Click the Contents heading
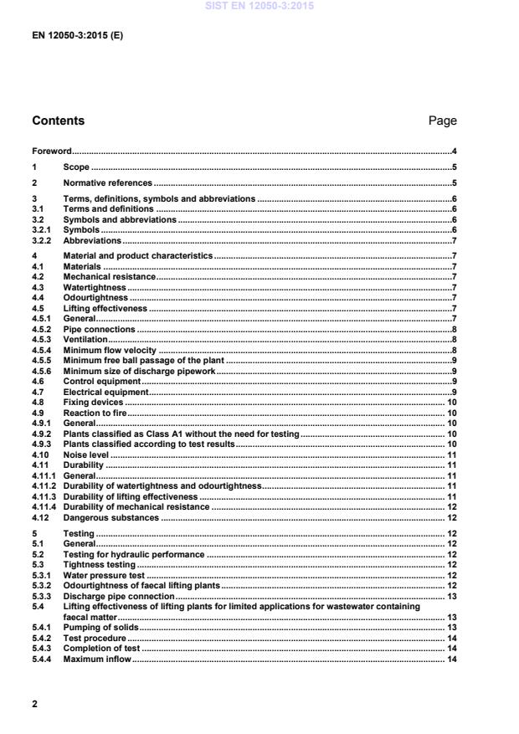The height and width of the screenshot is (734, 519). (x=58, y=121)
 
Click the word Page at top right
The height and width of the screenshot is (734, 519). (x=442, y=121)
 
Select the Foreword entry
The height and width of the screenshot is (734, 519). (x=51, y=151)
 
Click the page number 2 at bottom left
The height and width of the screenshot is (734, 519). (x=35, y=704)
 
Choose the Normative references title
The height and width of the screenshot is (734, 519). (x=108, y=182)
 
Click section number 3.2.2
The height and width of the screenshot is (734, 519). (x=42, y=240)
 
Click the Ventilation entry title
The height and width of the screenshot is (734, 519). (x=85, y=340)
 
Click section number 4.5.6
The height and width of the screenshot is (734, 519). (x=42, y=371)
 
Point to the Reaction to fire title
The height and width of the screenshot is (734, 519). (x=95, y=413)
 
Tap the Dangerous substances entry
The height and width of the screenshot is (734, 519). (x=110, y=517)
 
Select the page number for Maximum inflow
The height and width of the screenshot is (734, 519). (x=450, y=659)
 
